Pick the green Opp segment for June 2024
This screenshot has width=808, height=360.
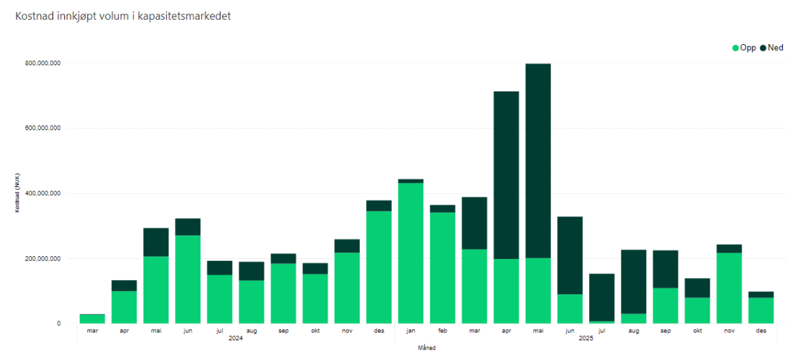pos(188,279)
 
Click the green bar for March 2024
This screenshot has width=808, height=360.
pos(92,319)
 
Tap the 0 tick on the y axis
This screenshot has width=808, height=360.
pos(59,323)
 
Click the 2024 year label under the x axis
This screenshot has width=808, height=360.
pos(236,338)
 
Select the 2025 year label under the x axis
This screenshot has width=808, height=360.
pos(586,338)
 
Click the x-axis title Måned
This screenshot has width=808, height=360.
pos(427,348)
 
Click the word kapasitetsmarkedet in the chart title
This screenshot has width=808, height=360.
pos(184,16)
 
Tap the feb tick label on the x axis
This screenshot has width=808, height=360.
pos(443,330)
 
